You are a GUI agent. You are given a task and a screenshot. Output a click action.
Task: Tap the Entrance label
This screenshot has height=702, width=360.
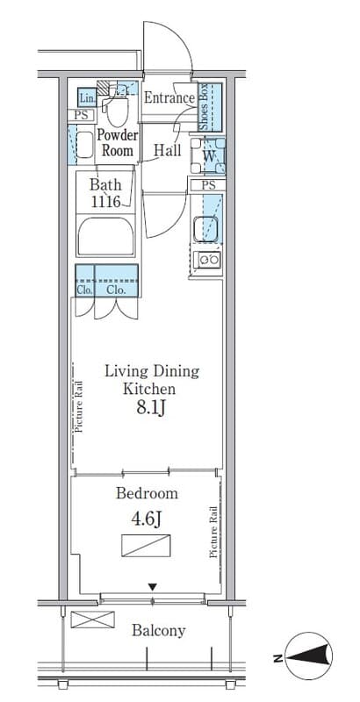click(x=169, y=98)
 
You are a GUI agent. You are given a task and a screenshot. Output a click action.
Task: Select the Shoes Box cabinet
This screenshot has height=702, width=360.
click(x=210, y=107)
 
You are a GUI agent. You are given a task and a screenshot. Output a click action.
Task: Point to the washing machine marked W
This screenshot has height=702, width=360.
click(x=208, y=155)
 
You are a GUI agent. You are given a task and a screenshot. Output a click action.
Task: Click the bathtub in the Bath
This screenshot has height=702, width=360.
click(x=105, y=237)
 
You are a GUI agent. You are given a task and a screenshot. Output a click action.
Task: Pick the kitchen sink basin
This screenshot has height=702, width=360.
click(x=205, y=229)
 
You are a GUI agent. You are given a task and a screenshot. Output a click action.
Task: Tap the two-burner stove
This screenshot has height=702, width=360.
click(x=208, y=259)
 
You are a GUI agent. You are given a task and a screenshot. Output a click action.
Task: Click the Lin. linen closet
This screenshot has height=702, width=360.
click(x=86, y=97)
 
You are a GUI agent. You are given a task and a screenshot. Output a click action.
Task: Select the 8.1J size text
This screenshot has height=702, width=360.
click(x=152, y=407)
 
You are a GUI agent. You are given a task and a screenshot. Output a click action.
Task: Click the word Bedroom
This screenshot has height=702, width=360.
click(x=147, y=494)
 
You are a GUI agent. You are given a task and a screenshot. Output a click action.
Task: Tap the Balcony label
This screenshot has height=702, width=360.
click(x=159, y=631)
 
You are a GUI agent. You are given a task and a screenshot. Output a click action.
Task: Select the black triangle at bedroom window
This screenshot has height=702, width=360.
click(x=153, y=587)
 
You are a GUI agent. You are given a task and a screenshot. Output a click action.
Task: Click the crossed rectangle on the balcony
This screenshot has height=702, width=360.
click(x=93, y=620)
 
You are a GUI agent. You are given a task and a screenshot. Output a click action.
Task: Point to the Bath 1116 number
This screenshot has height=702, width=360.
click(x=106, y=202)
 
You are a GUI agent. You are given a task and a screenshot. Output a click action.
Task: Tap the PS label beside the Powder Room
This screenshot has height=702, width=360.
click(x=81, y=115)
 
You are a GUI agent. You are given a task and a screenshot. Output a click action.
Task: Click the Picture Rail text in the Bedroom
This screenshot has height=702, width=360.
click(x=213, y=532)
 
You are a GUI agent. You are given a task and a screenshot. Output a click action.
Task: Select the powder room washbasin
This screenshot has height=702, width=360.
click(x=84, y=145)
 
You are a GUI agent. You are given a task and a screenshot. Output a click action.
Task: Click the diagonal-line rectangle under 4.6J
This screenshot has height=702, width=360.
click(x=146, y=546)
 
